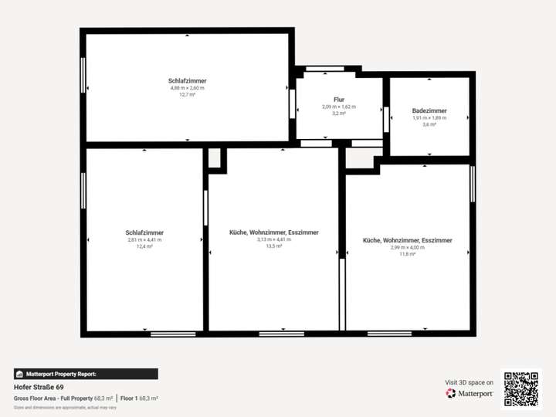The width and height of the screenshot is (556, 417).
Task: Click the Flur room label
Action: (x=339, y=100)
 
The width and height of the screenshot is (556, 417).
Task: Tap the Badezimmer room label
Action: (x=429, y=110)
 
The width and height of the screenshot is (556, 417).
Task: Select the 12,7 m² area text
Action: (x=187, y=95)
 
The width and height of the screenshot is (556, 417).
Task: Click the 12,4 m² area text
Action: (x=144, y=247)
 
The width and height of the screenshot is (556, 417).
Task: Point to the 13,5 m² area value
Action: (x=274, y=247)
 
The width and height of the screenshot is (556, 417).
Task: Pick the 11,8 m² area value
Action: (x=407, y=254)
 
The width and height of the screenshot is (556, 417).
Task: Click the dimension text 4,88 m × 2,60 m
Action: (x=187, y=88)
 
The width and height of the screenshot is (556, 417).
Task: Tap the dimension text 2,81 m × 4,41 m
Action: (x=144, y=240)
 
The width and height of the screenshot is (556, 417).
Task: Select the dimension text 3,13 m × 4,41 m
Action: (x=274, y=240)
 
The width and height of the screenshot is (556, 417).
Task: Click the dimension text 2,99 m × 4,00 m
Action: (x=407, y=247)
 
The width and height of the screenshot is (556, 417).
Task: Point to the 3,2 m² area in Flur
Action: (x=339, y=114)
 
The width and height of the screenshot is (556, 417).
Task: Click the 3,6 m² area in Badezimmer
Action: (x=429, y=124)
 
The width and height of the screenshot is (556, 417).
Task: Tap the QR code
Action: (x=521, y=388)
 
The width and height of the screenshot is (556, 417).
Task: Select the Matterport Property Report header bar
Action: (x=86, y=374)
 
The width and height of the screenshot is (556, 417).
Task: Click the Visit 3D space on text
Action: (x=470, y=382)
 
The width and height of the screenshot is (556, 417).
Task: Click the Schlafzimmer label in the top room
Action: (x=187, y=80)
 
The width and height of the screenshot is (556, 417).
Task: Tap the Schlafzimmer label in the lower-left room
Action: (x=144, y=232)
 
